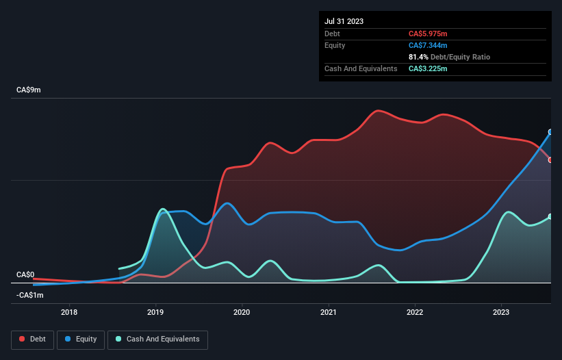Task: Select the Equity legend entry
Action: coord(81,339)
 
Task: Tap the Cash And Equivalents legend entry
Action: coord(157,339)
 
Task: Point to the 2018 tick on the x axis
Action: coord(69,313)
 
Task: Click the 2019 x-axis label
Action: coord(155,313)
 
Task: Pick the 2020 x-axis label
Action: coord(242,313)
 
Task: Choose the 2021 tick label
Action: coord(329,313)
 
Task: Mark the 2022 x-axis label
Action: coord(415,313)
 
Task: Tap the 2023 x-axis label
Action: coord(502,313)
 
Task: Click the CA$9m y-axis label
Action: coord(29,90)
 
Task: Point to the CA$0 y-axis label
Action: coord(25,274)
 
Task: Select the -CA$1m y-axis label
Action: coord(29,295)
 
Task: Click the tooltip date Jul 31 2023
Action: coord(344,21)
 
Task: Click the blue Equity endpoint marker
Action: coord(550,132)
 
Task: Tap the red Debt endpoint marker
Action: coord(550,160)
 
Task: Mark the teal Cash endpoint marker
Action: coord(550,216)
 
